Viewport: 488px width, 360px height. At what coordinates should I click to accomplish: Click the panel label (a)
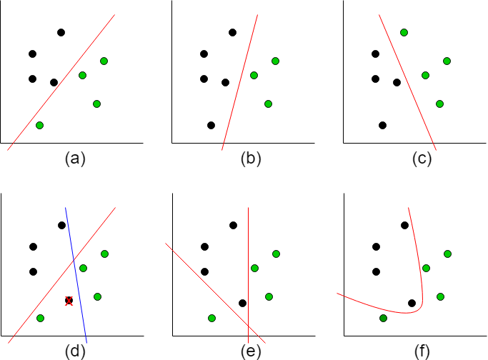tap(75, 159)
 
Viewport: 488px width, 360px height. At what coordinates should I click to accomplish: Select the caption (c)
tap(423, 159)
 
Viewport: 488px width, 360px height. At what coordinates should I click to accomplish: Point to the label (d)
tap(75, 351)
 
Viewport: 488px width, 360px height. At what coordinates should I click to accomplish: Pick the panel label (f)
tap(423, 351)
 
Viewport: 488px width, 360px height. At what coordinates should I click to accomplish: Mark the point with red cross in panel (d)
tap(69, 301)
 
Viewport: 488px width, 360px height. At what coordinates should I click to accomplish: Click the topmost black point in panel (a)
tap(61, 32)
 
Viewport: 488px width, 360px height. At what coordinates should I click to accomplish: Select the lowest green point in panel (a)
tap(39, 125)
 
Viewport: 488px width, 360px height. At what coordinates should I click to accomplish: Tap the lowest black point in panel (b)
tap(211, 125)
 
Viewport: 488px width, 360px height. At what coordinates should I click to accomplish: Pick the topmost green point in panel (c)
tap(404, 32)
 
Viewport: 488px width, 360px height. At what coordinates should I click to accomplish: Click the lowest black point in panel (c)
tap(382, 125)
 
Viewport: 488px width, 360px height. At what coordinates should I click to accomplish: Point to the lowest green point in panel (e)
tap(211, 318)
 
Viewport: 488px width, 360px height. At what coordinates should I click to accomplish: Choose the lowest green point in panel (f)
tap(383, 318)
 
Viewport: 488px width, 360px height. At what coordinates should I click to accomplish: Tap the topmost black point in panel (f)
tap(404, 226)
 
